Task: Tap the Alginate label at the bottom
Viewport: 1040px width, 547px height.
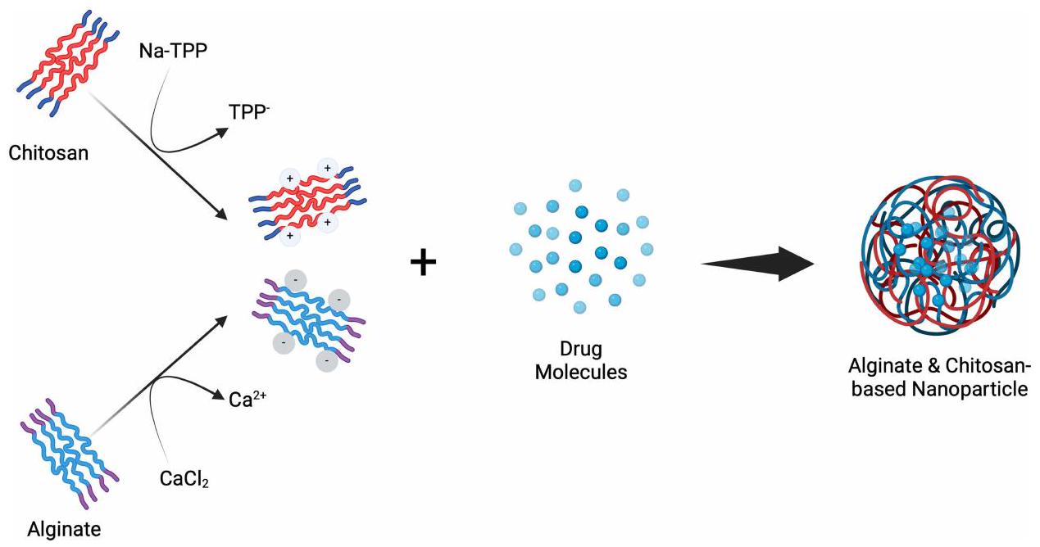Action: point(64,530)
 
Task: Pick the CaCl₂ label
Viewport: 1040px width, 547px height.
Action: point(184,478)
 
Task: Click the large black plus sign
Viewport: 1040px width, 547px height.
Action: point(423,264)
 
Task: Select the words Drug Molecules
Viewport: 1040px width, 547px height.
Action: point(581,360)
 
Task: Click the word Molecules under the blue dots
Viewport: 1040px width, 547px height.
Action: point(581,372)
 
